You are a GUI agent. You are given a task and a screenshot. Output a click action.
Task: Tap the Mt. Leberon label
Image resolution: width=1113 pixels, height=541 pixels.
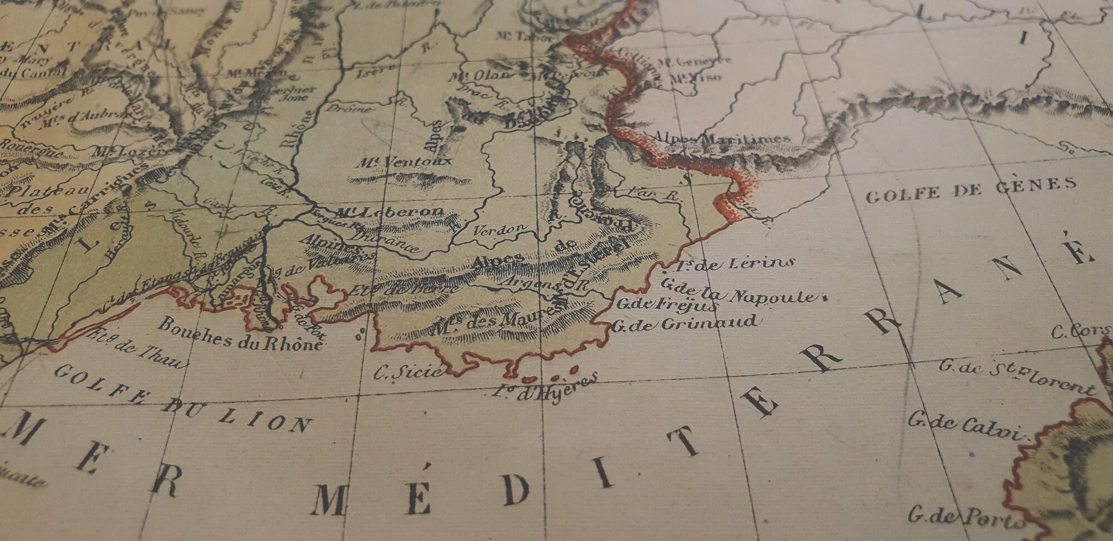click(x=389, y=212)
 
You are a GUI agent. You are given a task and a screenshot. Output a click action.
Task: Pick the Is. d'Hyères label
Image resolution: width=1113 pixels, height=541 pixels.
click(x=545, y=387)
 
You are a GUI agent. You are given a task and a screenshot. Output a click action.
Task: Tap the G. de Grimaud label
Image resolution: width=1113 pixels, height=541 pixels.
click(x=684, y=323)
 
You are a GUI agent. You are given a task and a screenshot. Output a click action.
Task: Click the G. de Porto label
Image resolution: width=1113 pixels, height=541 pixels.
click(x=966, y=517)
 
